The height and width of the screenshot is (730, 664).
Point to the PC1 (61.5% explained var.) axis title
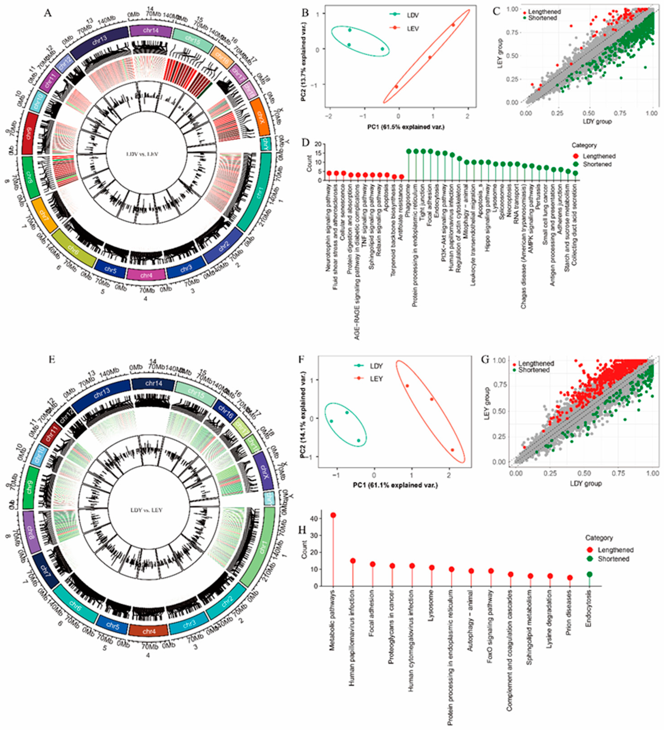(x=406, y=127)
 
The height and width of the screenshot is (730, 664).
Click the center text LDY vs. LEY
(x=146, y=510)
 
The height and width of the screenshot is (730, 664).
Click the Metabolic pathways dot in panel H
(x=333, y=515)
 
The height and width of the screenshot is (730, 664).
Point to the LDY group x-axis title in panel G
(x=586, y=483)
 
